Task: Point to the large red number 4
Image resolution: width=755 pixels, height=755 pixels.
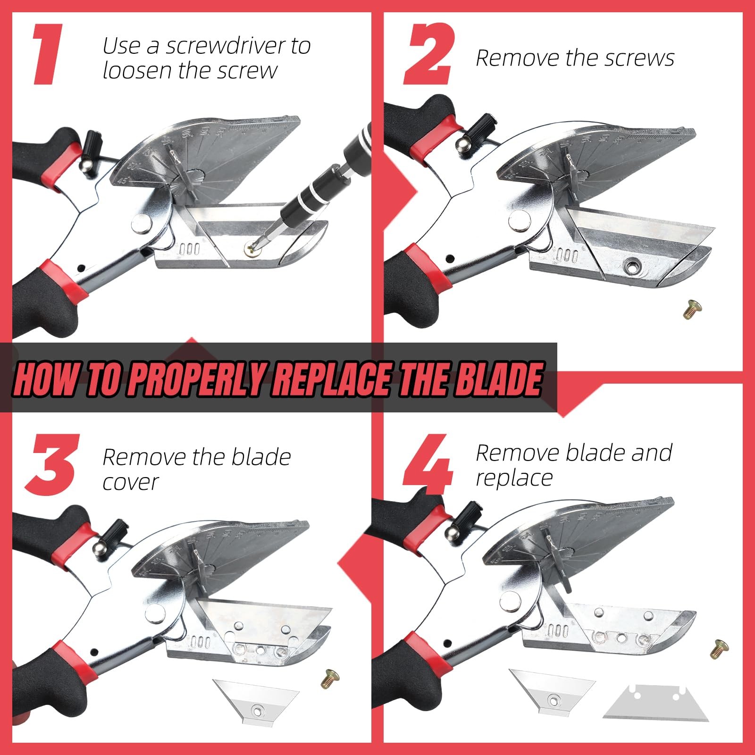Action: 428,465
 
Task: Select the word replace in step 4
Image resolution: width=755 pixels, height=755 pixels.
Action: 514,479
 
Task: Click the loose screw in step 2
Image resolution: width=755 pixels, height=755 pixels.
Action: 692,309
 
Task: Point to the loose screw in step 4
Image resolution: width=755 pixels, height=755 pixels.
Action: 720,649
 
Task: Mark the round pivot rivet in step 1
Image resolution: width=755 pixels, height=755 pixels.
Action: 142,223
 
